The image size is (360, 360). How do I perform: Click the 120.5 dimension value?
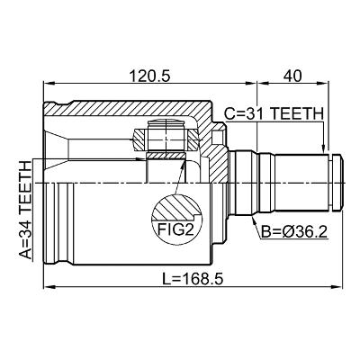point(149,76)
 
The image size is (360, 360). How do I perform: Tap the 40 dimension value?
point(292,76)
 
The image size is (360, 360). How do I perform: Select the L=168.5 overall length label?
point(193,279)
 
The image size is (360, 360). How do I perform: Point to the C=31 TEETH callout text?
point(274,113)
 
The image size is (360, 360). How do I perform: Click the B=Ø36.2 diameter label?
point(294,231)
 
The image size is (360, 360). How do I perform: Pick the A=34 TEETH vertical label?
point(25,210)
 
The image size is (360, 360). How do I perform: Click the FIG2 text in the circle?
point(175,229)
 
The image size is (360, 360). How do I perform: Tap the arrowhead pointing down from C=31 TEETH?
point(323,148)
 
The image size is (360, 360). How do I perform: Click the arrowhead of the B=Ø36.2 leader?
point(255,221)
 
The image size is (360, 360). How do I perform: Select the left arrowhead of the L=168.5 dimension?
point(48,287)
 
